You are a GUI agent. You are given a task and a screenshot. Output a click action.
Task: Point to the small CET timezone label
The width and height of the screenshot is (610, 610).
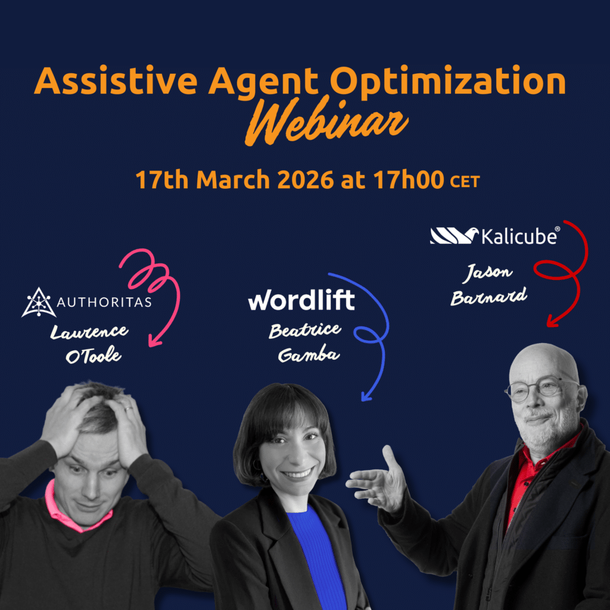464,181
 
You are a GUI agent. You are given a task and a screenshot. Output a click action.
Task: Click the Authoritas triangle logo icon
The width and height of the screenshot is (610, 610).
39,302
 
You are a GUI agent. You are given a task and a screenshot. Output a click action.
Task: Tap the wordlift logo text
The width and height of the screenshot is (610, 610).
301,301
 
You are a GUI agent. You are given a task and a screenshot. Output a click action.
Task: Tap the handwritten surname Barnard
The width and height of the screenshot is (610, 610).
488,296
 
